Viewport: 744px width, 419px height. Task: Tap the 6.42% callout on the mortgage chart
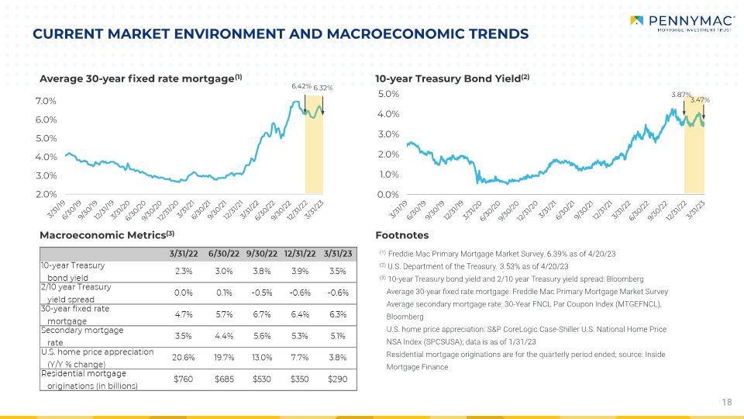[x=301, y=85]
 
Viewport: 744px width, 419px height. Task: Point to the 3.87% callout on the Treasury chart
[x=680, y=94]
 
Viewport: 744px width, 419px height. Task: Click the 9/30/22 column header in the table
[x=261, y=252]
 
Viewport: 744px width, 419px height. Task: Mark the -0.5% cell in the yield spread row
[x=261, y=292]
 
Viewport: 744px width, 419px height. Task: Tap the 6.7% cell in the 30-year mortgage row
[x=261, y=313]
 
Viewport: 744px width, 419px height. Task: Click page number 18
[x=726, y=401]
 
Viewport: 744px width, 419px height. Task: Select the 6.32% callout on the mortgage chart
[x=323, y=88]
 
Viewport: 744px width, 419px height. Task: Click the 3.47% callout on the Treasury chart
[x=701, y=99]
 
